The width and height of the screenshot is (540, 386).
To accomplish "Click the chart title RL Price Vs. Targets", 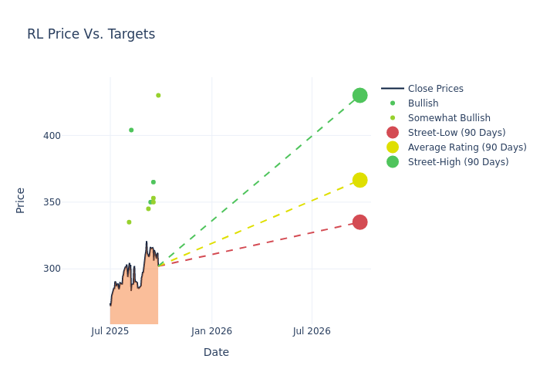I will click(91, 34).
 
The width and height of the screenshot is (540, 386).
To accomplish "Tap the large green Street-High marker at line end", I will click(359, 96).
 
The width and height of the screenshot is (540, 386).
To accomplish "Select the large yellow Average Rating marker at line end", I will click(359, 180).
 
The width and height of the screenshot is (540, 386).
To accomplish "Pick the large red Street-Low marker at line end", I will click(359, 222).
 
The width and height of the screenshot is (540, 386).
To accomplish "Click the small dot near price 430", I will click(158, 96).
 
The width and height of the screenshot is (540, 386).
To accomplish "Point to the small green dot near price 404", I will click(131, 130).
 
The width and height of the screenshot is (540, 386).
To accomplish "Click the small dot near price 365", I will click(154, 182).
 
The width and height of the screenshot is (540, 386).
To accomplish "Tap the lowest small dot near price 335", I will click(129, 222).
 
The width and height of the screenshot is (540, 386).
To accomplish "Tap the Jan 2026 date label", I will click(211, 331).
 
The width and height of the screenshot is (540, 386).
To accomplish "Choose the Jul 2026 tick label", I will click(312, 331).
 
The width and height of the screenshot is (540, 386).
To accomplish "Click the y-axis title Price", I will click(21, 200).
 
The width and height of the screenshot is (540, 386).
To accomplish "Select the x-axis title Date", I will click(216, 352).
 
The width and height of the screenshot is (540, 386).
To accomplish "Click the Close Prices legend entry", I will click(435, 89).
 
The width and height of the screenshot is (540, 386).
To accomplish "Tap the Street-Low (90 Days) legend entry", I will click(457, 133).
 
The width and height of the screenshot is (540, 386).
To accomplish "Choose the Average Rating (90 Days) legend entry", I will click(467, 147).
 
